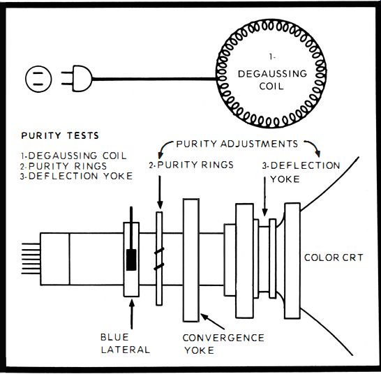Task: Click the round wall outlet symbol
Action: point(38,79)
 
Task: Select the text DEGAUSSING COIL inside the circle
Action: point(272,80)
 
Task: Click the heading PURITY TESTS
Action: point(60,135)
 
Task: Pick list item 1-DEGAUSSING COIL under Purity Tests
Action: point(73,156)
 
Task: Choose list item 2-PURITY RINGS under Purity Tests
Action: point(63,166)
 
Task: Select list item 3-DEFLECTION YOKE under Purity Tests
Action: point(76,176)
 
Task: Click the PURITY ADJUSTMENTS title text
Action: point(237,144)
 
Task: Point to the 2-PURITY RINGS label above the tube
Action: point(191,165)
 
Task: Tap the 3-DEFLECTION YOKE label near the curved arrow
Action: point(301,172)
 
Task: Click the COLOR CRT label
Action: point(334,257)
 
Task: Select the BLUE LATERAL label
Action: point(125,343)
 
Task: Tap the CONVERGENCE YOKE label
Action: point(223,344)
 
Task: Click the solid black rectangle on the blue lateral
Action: point(131,260)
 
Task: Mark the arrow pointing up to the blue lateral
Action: point(132,315)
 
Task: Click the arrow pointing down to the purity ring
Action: point(160,192)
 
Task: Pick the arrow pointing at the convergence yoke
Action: point(212,322)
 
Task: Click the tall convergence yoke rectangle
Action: point(191,260)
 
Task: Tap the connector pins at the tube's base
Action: point(31,259)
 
